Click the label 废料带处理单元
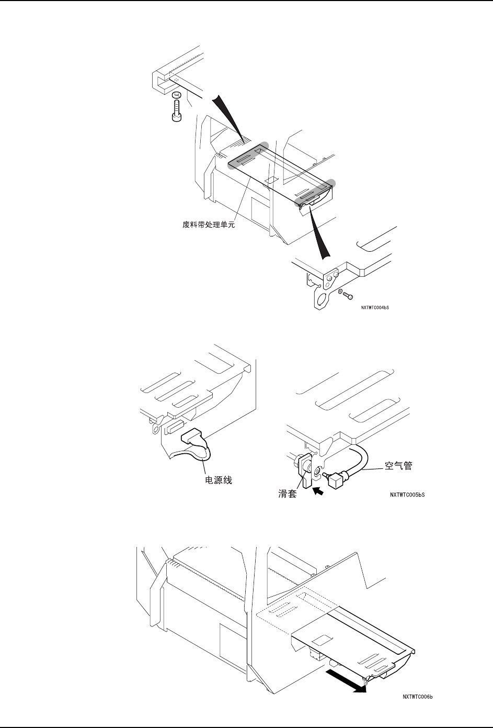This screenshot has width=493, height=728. click(205, 227)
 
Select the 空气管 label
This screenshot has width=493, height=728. click(398, 465)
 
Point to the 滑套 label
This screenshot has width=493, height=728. click(287, 493)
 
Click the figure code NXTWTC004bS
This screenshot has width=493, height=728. click(374, 308)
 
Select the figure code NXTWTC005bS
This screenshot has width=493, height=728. click(407, 494)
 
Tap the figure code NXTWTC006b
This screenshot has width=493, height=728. click(419, 696)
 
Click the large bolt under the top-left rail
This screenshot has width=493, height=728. click(176, 111)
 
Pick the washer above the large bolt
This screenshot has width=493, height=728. click(176, 95)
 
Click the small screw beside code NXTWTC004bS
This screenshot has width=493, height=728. click(349, 296)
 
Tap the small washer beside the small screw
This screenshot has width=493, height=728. click(340, 292)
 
